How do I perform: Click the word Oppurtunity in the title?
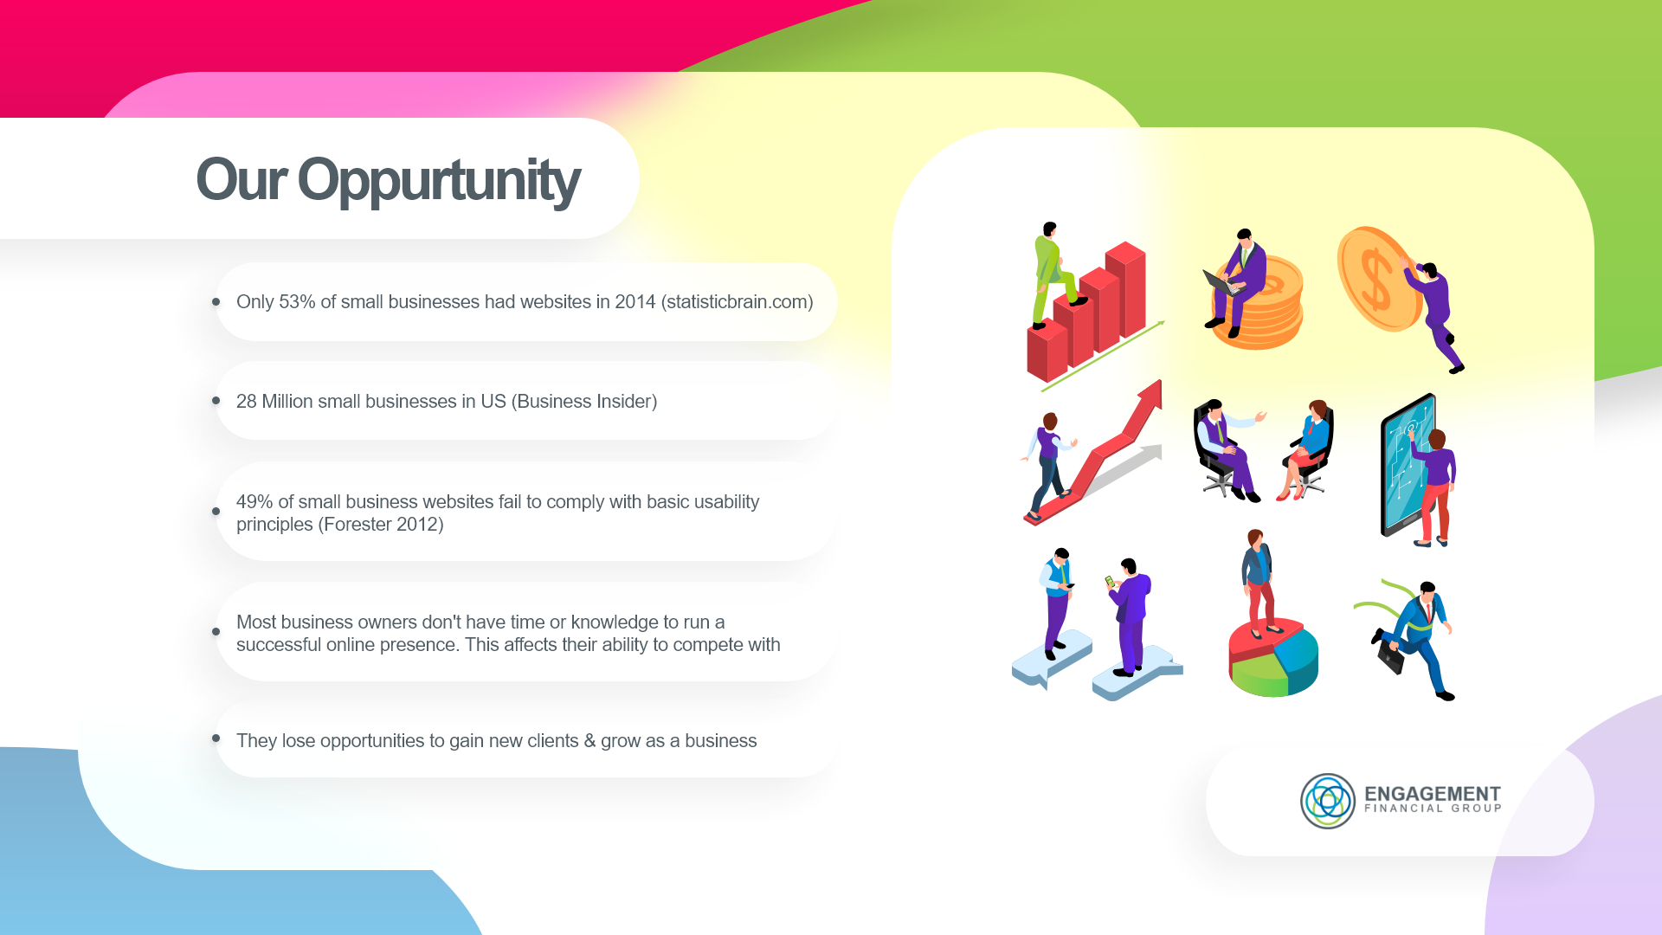point(438,180)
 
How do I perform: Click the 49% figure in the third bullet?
point(254,502)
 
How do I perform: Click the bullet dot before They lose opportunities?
point(216,738)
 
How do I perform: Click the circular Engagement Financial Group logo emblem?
point(1328,801)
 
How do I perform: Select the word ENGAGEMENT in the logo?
point(1433,793)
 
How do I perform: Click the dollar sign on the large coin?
point(1375,280)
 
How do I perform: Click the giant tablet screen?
point(1408,463)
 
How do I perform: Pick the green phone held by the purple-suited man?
point(1109,581)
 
